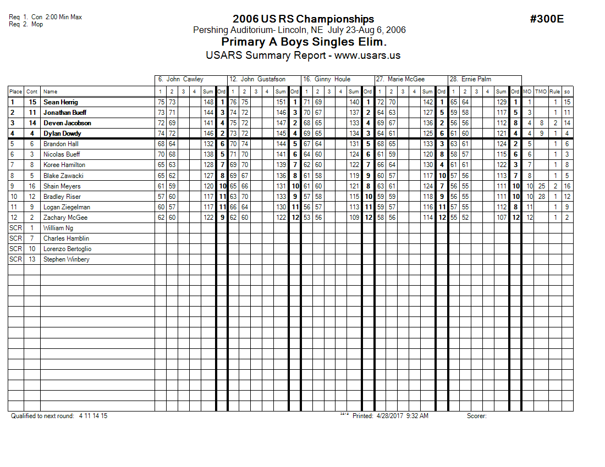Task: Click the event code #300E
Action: click(547, 19)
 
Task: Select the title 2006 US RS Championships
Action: click(303, 19)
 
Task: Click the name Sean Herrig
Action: click(61, 102)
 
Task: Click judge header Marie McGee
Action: click(404, 79)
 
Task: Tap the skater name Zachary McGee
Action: click(65, 218)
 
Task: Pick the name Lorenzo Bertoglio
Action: click(67, 249)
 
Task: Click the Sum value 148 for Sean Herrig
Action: click(208, 102)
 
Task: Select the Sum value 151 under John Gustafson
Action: click(281, 102)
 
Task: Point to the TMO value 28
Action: click(542, 197)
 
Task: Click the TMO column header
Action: click(542, 92)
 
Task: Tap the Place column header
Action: click(15, 92)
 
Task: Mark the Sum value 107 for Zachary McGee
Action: click(501, 218)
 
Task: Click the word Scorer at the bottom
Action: click(476, 416)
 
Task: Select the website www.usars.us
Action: click(367, 55)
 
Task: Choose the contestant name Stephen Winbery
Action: click(66, 259)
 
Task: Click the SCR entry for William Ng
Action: click(15, 228)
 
